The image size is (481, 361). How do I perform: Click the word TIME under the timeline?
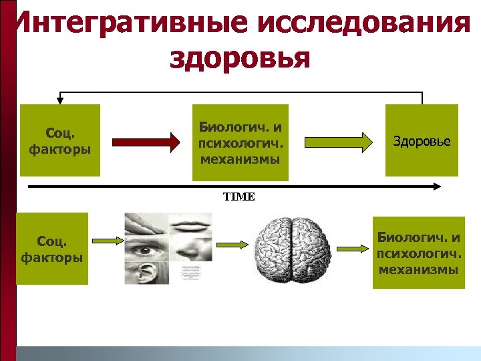coord(238,197)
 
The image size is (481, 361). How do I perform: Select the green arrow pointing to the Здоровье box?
coord(339,142)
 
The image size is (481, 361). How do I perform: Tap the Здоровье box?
coord(422,141)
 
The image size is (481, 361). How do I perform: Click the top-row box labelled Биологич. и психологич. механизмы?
coord(240,142)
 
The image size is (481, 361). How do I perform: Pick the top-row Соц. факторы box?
coord(60,140)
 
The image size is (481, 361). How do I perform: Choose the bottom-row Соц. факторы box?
coord(52,248)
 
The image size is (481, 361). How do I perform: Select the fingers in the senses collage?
coord(146,221)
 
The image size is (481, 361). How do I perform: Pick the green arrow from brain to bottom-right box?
coord(352,249)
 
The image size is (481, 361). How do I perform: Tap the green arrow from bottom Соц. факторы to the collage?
coord(107,240)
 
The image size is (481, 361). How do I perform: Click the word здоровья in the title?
coord(240,56)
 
